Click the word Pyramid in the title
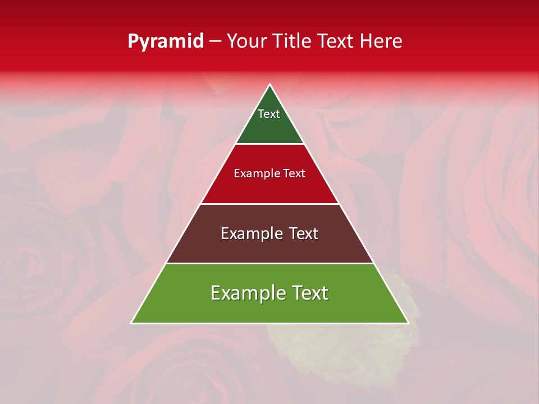[x=166, y=42]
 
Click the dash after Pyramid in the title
[x=215, y=42]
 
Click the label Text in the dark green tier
[x=269, y=114]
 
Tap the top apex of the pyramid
[x=270, y=85]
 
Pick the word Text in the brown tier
[x=303, y=233]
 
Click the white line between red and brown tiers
[x=270, y=204]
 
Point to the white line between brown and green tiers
[x=270, y=263]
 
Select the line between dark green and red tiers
[x=270, y=144]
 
